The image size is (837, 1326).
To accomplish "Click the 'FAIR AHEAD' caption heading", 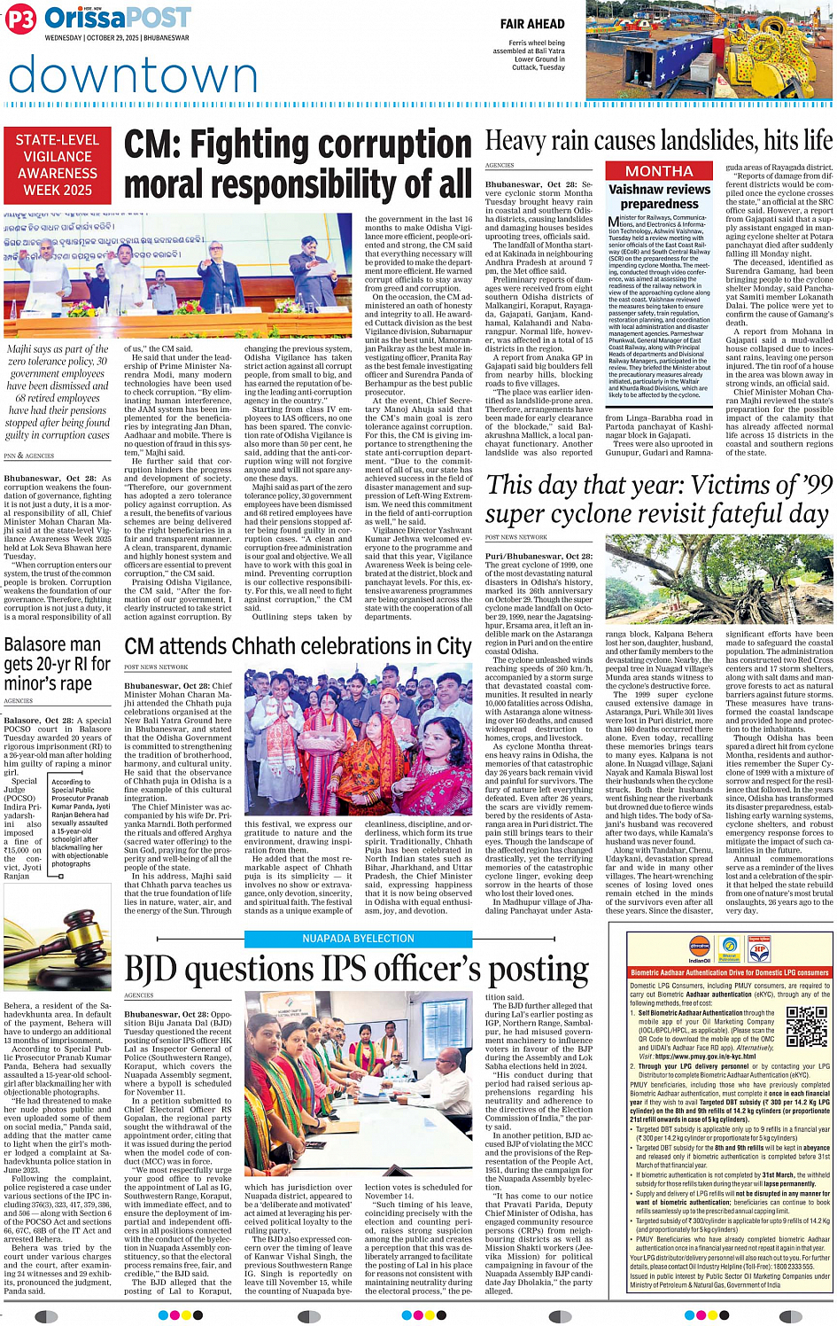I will pyautogui.click(x=531, y=24).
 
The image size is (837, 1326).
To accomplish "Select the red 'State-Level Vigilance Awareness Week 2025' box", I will pyautogui.click(x=58, y=165).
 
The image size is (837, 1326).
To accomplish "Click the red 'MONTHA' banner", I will pyautogui.click(x=659, y=171).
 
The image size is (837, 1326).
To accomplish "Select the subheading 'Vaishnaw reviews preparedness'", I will pyautogui.click(x=659, y=196).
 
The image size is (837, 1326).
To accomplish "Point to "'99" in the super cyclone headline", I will pyautogui.click(x=813, y=485).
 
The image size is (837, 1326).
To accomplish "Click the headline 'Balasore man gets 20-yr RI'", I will pyautogui.click(x=58, y=663).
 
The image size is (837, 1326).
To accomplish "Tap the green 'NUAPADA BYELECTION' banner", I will pyautogui.click(x=358, y=939).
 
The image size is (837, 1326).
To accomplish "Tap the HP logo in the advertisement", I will pyautogui.click(x=759, y=948).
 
